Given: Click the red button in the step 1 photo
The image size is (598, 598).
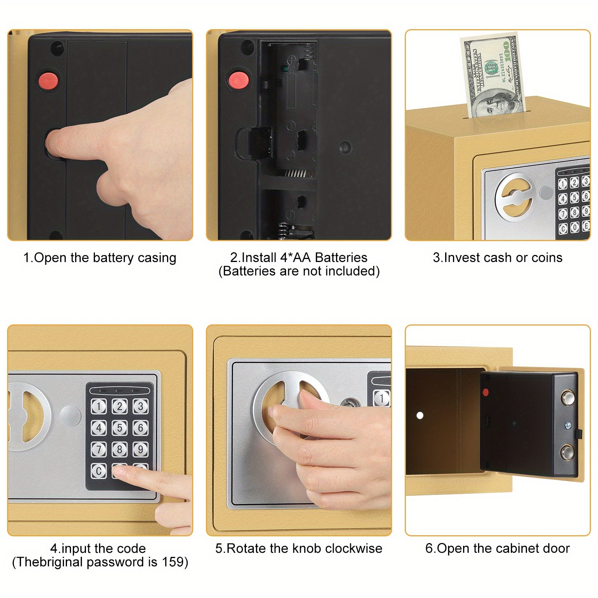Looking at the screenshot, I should click(48, 80).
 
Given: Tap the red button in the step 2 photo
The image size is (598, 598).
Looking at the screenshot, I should click(239, 80).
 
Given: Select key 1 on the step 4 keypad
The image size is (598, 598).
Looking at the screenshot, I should click(99, 406).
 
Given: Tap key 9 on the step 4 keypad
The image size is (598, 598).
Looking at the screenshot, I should click(141, 449).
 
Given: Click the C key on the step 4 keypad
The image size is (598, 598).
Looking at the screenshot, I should click(99, 471).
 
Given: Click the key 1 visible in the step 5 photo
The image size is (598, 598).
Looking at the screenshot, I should click(381, 398).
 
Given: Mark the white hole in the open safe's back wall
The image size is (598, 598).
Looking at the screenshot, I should click(420, 415).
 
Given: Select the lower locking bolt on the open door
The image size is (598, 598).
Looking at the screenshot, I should click(567, 453).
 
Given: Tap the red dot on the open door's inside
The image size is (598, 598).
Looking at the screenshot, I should click(486, 392).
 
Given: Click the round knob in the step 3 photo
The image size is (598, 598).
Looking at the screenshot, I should click(515, 197).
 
